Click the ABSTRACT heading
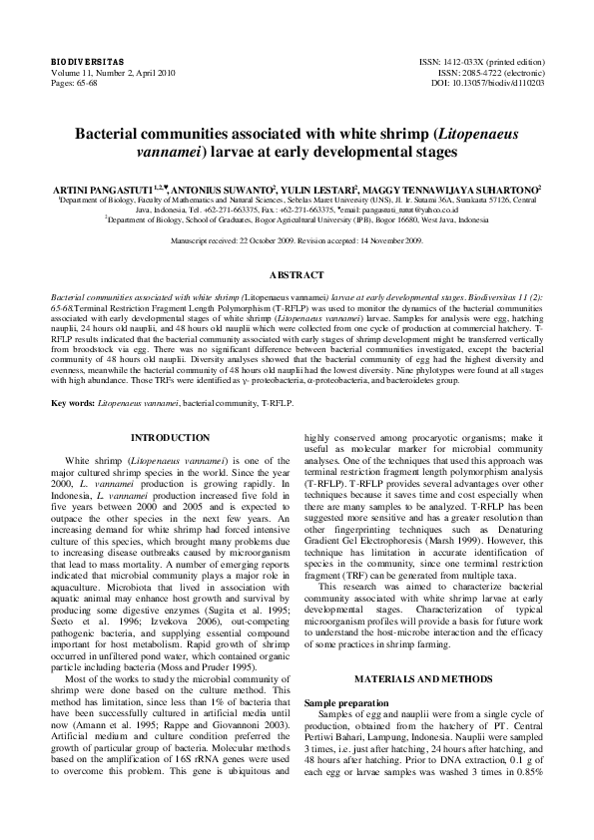pyautogui.click(x=297, y=273)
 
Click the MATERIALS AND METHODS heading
pyautogui.click(x=420, y=651)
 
